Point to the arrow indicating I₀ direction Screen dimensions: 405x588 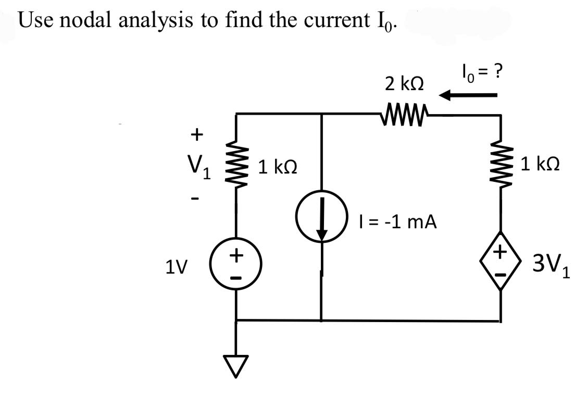468,95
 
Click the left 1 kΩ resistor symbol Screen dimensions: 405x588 237,166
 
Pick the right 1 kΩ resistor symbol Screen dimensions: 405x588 501,166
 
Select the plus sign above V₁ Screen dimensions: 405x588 196,134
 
